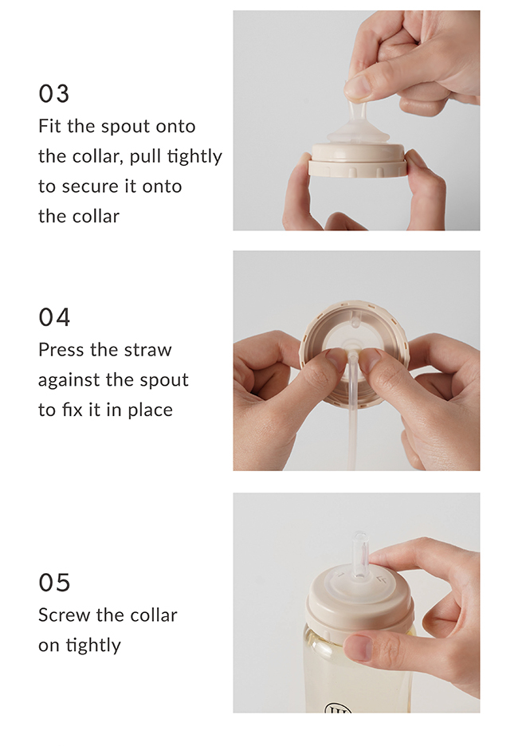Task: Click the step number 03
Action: (53, 94)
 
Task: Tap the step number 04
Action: (54, 317)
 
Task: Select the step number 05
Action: (54, 583)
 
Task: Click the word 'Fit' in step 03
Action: (49, 127)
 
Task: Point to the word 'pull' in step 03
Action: (146, 157)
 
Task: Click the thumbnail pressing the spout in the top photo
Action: (358, 88)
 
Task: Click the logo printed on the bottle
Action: (338, 709)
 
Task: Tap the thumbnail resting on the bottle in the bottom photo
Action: (358, 647)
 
